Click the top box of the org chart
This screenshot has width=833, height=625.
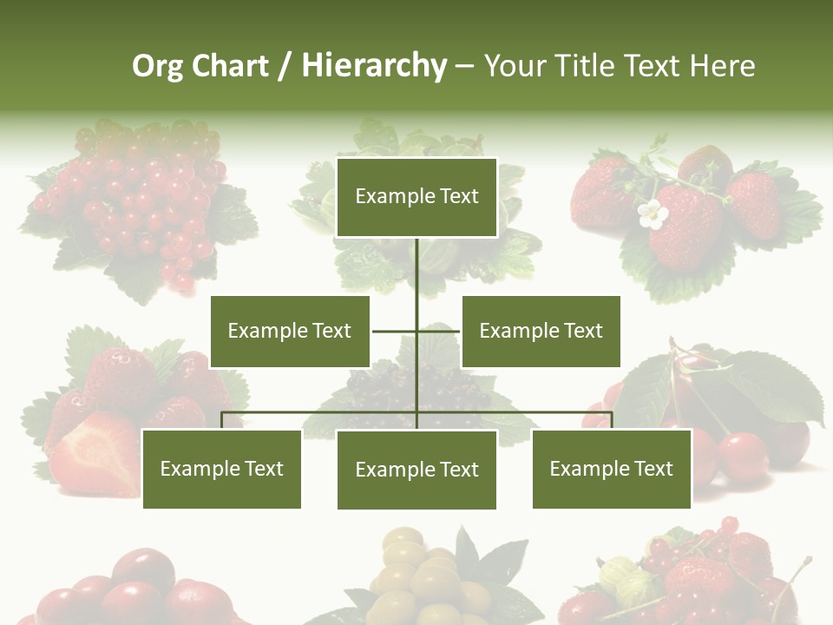tap(416, 197)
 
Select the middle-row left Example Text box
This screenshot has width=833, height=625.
tap(290, 331)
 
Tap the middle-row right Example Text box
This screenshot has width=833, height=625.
tap(541, 331)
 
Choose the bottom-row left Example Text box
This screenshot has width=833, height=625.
tap(221, 469)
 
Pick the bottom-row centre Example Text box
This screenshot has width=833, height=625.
tap(416, 470)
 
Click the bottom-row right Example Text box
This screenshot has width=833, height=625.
tap(611, 469)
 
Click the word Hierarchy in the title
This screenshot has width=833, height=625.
tap(374, 66)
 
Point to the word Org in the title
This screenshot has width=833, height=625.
tap(157, 67)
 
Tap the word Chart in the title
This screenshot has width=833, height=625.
tap(229, 66)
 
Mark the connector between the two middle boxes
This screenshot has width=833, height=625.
tap(416, 331)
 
